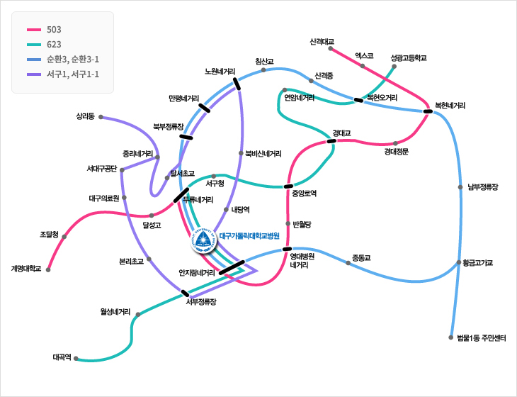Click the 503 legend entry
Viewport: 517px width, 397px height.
(x=54, y=30)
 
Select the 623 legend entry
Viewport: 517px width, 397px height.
(x=54, y=44)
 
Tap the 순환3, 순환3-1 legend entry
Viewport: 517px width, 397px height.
(x=72, y=59)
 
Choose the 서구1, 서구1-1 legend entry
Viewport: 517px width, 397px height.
(x=72, y=74)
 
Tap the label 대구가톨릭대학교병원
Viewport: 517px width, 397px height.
(x=250, y=236)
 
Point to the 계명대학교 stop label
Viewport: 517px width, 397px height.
(x=26, y=269)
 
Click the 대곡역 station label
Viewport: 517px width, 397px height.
(x=62, y=357)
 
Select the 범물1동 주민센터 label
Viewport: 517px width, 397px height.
(x=482, y=337)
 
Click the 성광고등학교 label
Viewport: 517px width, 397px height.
(x=409, y=57)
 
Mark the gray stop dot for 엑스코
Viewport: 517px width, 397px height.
(x=363, y=66)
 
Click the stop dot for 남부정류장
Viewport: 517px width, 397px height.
(x=460, y=188)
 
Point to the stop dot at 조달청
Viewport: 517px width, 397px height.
(x=65, y=235)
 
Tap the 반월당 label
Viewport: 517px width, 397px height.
(x=302, y=224)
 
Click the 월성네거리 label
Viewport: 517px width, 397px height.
(x=115, y=311)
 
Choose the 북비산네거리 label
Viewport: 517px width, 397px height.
(x=263, y=153)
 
